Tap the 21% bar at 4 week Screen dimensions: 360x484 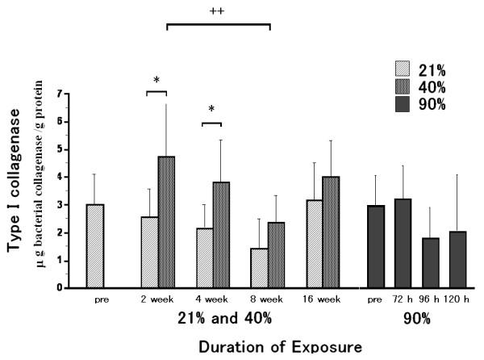pyautogui.click(x=205, y=257)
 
